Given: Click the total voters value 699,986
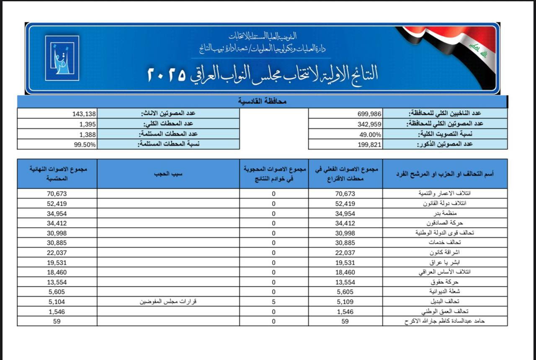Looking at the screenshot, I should click(x=369, y=114).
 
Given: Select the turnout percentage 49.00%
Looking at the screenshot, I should click(x=370, y=135).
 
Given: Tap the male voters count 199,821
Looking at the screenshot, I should click(x=369, y=145).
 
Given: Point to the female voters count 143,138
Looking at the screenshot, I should click(x=84, y=114).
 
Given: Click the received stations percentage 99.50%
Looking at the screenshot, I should click(x=85, y=145).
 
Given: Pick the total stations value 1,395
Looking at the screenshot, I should click(x=88, y=124).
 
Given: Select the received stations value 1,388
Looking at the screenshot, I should click(x=88, y=135).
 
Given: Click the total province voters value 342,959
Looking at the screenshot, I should click(x=369, y=124).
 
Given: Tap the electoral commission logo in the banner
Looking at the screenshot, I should click(x=62, y=58).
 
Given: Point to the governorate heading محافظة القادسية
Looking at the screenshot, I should click(x=262, y=101).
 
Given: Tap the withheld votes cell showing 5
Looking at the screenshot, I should click(x=273, y=302).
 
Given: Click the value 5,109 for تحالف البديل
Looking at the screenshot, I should click(x=345, y=302).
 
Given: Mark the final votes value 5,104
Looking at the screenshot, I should click(x=57, y=302).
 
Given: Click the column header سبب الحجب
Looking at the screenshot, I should click(x=168, y=174).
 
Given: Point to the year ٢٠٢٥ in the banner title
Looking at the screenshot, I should click(x=167, y=75).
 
